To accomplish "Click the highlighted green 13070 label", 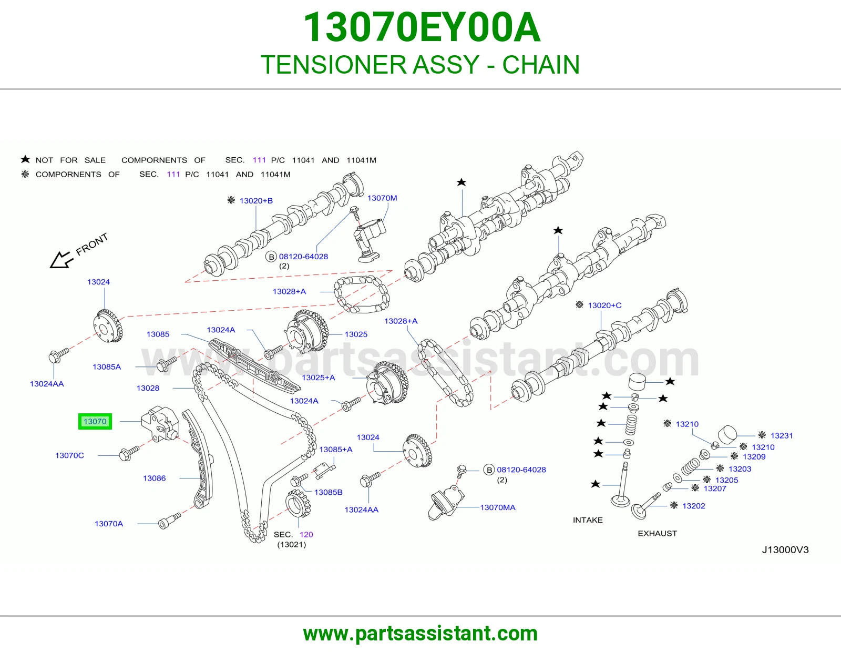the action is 95,421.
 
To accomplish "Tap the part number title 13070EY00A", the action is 422,27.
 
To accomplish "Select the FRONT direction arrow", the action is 61,260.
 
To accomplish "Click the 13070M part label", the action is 382,198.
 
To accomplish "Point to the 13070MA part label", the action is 498,507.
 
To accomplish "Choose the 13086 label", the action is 155,478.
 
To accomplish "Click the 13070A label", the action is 109,524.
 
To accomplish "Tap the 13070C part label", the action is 70,455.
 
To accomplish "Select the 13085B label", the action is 328,492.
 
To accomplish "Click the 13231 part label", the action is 782,435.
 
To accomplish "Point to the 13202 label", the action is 693,506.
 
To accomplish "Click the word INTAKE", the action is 588,520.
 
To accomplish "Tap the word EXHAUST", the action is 657,533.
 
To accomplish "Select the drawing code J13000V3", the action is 785,550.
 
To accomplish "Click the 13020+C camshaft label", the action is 604,305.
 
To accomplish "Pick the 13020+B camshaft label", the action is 256,200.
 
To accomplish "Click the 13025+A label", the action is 319,378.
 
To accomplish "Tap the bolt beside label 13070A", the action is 170,521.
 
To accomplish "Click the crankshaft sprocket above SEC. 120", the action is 299,503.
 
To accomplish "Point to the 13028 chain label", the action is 148,388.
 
